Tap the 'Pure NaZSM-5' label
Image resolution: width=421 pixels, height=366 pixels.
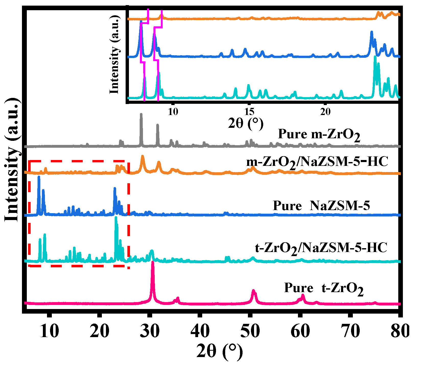[x=321, y=206]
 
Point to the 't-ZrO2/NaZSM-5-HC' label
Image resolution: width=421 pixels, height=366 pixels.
[x=321, y=248]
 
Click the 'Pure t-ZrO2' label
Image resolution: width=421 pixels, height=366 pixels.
[x=324, y=289]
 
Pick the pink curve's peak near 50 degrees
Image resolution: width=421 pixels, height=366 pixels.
[x=253, y=291]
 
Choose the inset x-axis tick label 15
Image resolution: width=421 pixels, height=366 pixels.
[x=249, y=112]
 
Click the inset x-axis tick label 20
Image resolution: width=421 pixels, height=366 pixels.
[x=325, y=112]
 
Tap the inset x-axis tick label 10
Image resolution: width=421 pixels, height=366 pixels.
[x=173, y=112]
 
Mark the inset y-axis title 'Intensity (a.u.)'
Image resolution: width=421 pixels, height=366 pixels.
[x=114, y=54]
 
